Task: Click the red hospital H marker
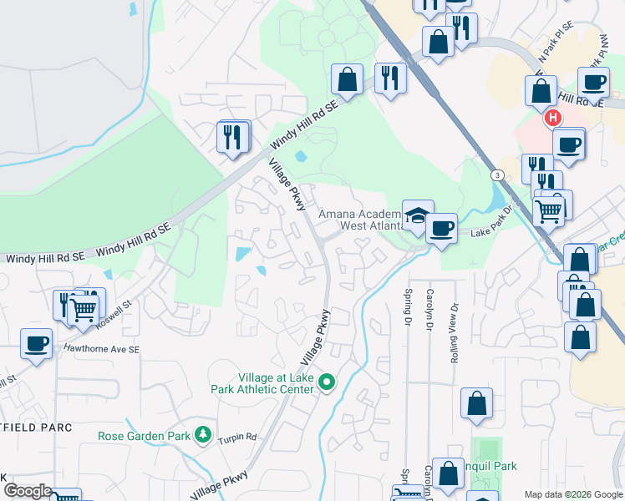[553, 119]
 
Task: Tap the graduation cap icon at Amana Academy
[417, 216]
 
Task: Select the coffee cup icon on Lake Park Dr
[441, 227]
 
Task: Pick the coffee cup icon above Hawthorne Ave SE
[36, 343]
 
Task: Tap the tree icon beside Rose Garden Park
[202, 435]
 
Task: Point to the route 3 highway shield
[498, 175]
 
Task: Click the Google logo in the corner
[27, 491]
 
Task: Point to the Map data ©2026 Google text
[572, 494]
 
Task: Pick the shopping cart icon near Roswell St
[84, 310]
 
